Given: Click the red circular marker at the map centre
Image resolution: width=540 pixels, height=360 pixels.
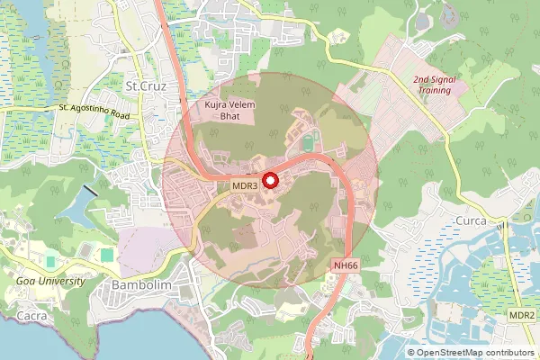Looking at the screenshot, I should click(270, 180).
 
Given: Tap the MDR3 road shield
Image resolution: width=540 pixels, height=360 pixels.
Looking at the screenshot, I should click(245, 184).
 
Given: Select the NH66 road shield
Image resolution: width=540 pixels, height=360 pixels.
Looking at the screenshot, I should click(346, 265).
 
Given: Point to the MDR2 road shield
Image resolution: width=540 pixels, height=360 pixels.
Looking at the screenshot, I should click(521, 315).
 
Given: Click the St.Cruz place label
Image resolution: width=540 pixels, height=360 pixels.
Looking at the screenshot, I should click(143, 86).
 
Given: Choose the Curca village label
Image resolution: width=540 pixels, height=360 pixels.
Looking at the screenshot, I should click(469, 220).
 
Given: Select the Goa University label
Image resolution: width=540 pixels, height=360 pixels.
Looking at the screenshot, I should click(50, 281).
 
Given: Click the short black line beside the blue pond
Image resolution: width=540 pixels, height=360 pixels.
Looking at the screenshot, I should click(91, 192).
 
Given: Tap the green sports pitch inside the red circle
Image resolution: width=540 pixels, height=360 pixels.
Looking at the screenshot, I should click(309, 142).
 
